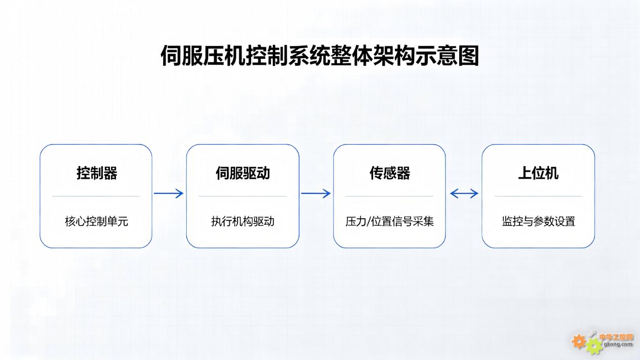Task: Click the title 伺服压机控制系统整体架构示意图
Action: coord(319,56)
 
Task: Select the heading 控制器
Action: coord(97,173)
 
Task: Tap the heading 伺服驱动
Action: coord(243,173)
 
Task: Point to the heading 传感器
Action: coord(389,173)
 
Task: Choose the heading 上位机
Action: coord(538,173)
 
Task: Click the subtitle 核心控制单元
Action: coord(96,221)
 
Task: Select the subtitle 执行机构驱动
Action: coord(243,221)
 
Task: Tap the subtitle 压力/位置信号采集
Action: coord(389,221)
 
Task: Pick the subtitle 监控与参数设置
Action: coord(538,221)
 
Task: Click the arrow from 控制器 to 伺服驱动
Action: coord(169,193)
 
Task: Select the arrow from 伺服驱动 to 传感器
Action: coord(316,193)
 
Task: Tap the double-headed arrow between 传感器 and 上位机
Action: coord(464,193)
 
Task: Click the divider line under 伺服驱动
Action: coord(243,196)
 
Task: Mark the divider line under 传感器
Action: coord(389,196)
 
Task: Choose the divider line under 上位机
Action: coord(538,196)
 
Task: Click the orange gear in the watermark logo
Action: coord(579,341)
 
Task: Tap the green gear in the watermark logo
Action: coord(593,346)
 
